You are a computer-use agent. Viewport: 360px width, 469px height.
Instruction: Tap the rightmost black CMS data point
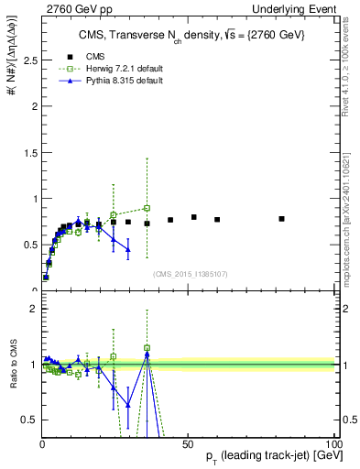coord(281,219)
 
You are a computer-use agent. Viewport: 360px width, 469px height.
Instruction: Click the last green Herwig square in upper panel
coord(147,208)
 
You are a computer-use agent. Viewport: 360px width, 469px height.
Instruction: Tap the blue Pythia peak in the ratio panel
coord(147,354)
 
